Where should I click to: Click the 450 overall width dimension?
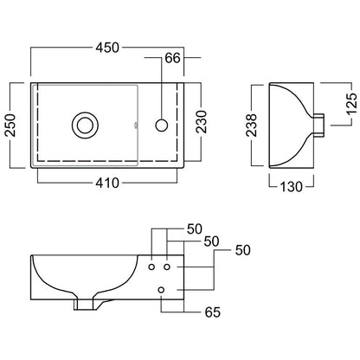point(107,48)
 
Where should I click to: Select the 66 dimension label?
point(172,58)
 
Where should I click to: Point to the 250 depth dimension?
point(10,125)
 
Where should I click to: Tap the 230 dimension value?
point(202,122)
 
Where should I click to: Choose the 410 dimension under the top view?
point(107,183)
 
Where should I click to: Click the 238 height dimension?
point(251,125)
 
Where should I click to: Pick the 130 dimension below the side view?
point(291,187)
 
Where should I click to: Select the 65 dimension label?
point(213,312)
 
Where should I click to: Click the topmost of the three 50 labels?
point(195,229)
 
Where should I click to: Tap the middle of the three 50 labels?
point(211,241)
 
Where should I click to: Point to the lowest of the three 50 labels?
point(243,250)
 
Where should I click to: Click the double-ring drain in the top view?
point(85,125)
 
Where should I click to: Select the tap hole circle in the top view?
point(162,125)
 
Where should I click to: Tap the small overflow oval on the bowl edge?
point(136,125)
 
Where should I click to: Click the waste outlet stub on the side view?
point(318,125)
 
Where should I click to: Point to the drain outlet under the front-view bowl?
point(85,304)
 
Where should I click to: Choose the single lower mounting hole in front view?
point(161,290)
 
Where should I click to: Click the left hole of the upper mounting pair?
point(151,267)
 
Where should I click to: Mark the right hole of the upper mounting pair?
point(167,267)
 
